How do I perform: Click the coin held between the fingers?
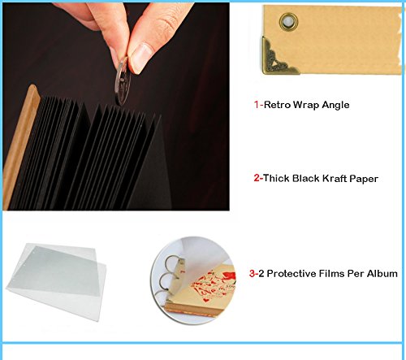coord(123,81)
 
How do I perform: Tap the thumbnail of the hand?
coord(140,58)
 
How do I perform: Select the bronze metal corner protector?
coord(275,58)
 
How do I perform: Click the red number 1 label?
coord(257,105)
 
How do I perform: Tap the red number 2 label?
coord(257,178)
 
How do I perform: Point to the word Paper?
coord(364,179)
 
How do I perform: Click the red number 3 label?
coord(253,273)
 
